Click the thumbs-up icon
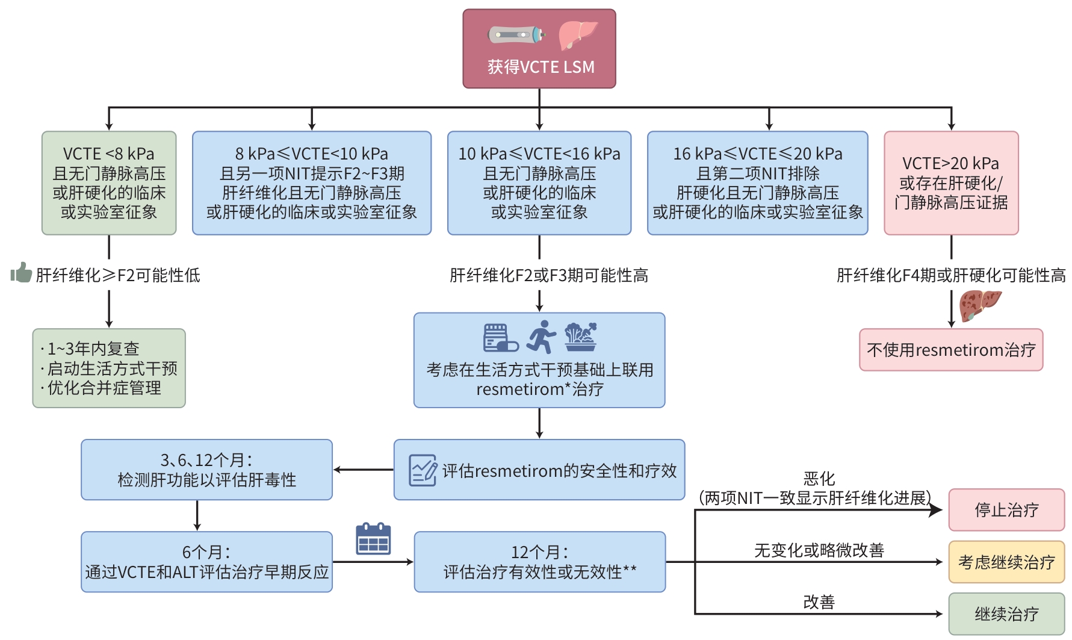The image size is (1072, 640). click(21, 273)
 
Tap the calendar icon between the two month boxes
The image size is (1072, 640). click(373, 539)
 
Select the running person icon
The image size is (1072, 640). click(541, 337)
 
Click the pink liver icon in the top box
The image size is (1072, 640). click(577, 35)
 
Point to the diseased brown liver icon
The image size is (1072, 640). click(979, 305)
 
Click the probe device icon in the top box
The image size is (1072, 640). click(516, 35)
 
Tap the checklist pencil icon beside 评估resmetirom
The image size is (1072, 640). click(423, 470)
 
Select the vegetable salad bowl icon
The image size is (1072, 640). click(580, 337)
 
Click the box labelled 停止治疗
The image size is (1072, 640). click(1006, 510)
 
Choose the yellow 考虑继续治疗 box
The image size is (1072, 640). click(1006, 562)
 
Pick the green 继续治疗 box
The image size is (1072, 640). click(1006, 614)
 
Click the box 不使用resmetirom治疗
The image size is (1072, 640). click(951, 350)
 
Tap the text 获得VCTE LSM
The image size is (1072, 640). click(541, 67)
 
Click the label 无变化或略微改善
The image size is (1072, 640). click(819, 550)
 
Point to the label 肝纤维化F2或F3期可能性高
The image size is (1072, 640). click(548, 276)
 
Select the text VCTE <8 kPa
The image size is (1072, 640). click(109, 154)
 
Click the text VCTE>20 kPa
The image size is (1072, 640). click(950, 164)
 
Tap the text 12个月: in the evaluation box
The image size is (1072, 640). click(539, 552)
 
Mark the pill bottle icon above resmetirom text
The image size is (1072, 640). click(501, 338)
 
